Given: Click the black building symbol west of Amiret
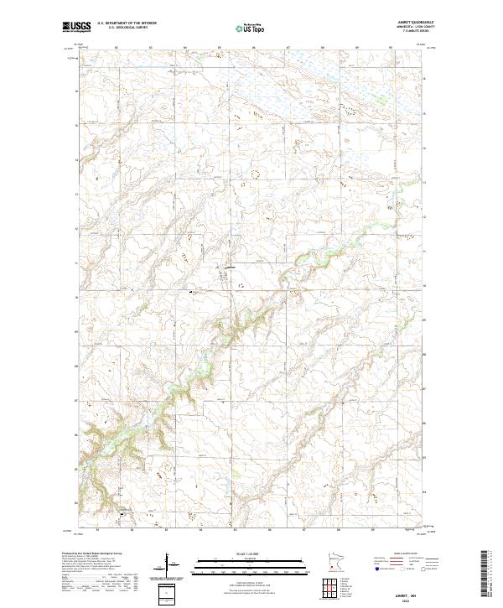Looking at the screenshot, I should (x=192, y=293).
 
